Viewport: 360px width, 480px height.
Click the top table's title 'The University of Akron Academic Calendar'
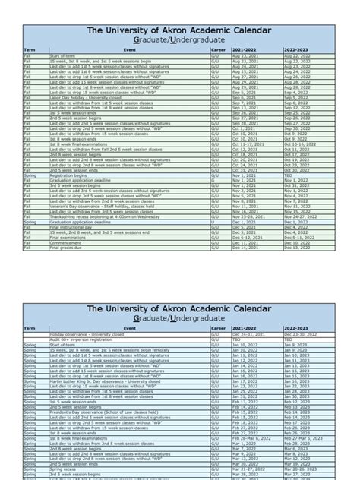[x=179, y=31]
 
